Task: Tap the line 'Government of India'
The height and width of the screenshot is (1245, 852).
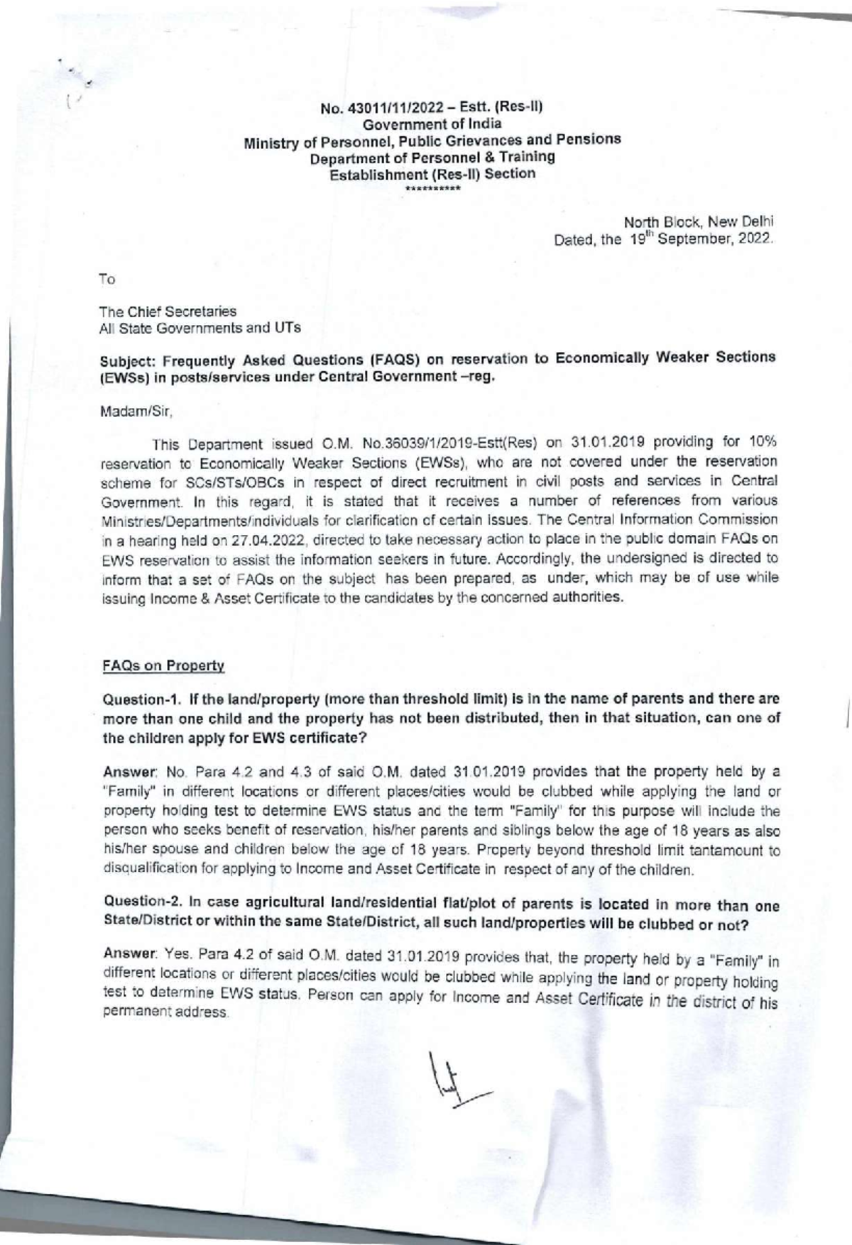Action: tap(432, 124)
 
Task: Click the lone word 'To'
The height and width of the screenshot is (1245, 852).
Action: tap(107, 280)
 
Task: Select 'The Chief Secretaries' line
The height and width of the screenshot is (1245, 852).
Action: tap(168, 311)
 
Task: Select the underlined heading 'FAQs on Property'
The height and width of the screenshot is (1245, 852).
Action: tap(163, 666)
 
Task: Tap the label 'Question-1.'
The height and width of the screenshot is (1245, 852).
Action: tap(134, 699)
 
